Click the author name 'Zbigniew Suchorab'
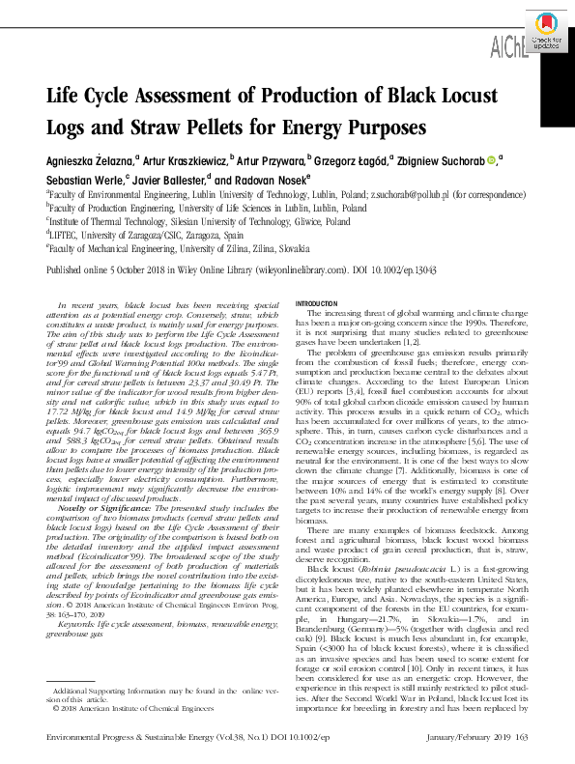click(x=444, y=160)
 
